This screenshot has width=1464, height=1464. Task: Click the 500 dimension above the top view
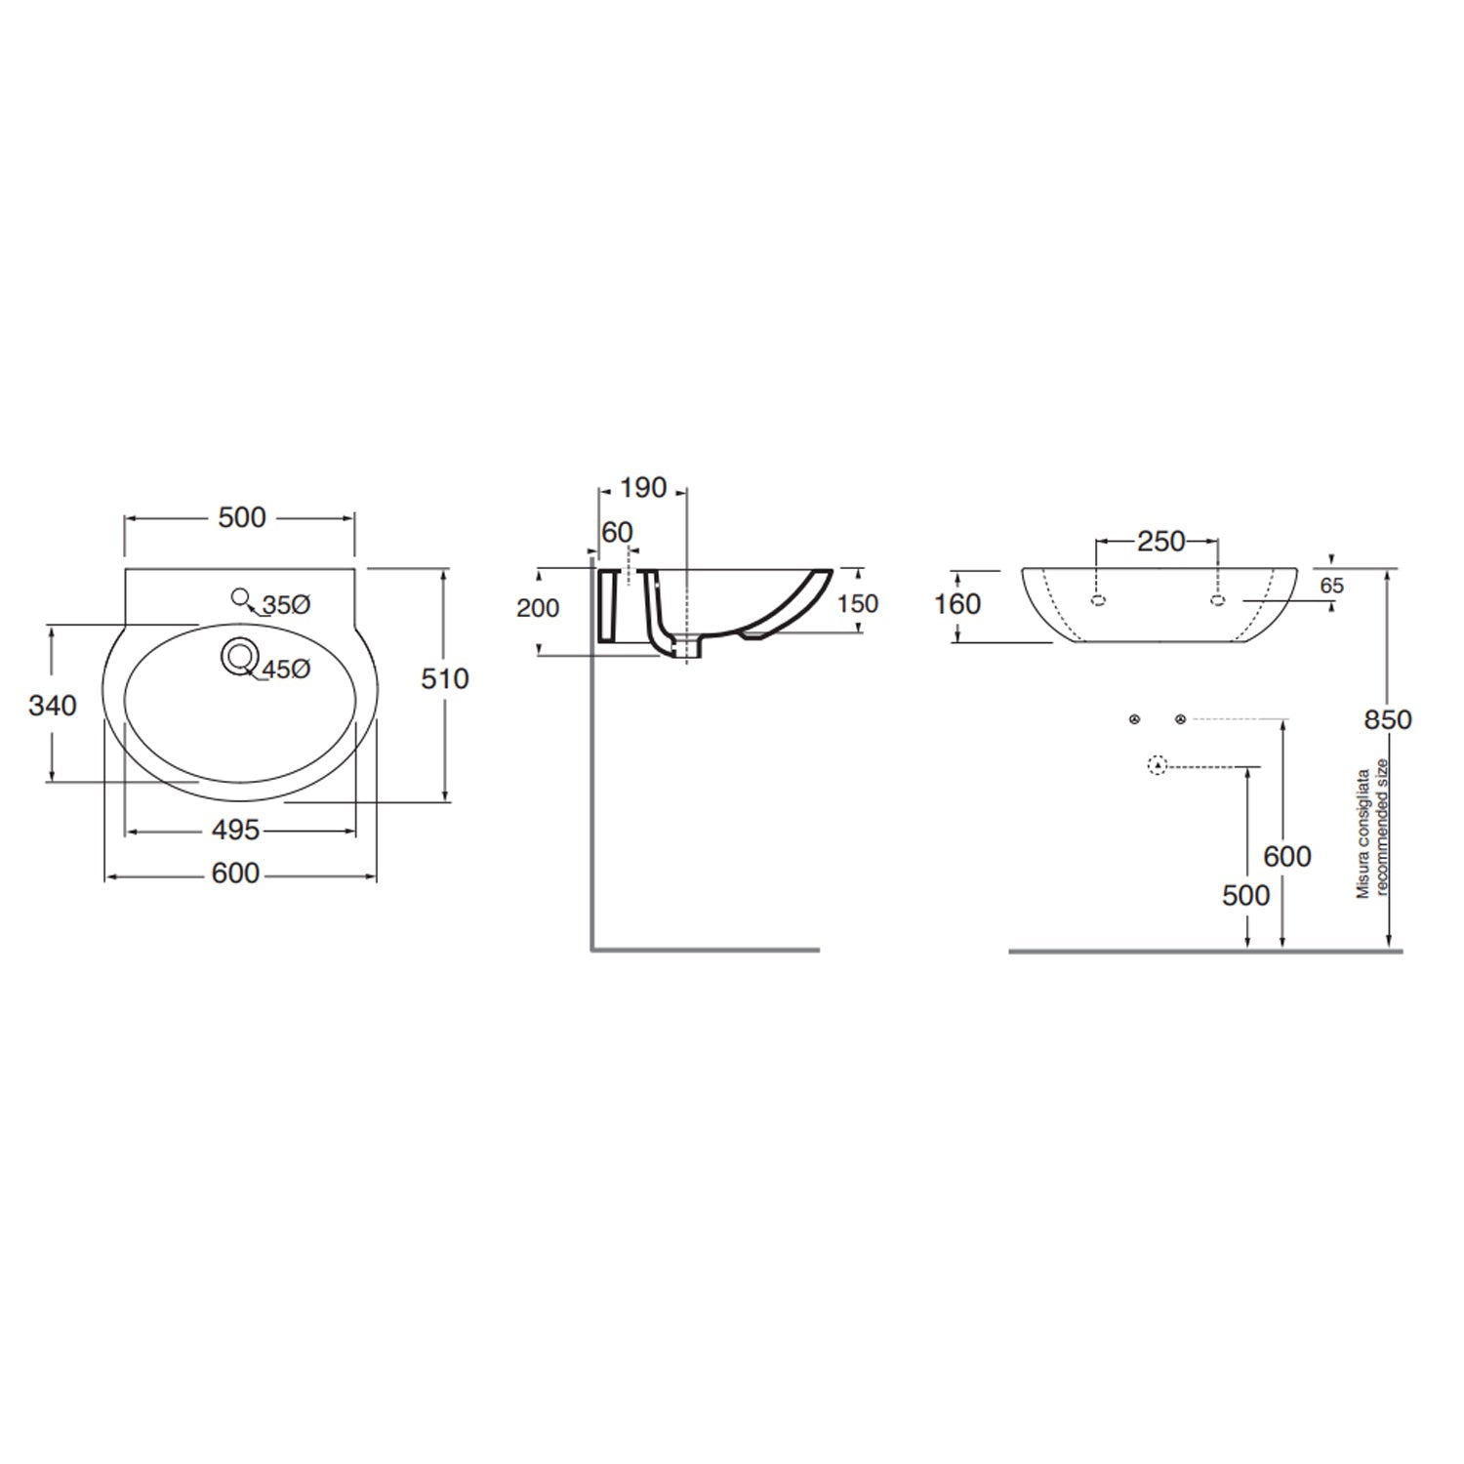pos(241,517)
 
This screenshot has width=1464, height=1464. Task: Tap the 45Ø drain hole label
pos(285,670)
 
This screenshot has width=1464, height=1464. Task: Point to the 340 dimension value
pos(52,705)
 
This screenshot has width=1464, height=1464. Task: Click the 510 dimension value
pos(445,678)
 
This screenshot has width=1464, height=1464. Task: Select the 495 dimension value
pos(236,830)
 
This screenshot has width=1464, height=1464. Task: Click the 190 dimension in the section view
pos(642,487)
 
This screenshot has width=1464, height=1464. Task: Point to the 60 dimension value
pos(617,532)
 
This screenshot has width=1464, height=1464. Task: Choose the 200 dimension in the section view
pos(538,608)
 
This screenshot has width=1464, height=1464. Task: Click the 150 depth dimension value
pos(858,603)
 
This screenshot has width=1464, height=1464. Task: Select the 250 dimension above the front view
pos(1160,541)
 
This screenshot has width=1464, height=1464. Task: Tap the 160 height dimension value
pos(957,604)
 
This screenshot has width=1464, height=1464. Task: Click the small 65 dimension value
pos(1331,586)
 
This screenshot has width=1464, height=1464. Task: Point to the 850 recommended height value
pos(1388,719)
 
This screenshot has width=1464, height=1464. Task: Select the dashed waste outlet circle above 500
pos(1158,766)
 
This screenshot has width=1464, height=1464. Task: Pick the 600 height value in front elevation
pos(1286,856)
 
